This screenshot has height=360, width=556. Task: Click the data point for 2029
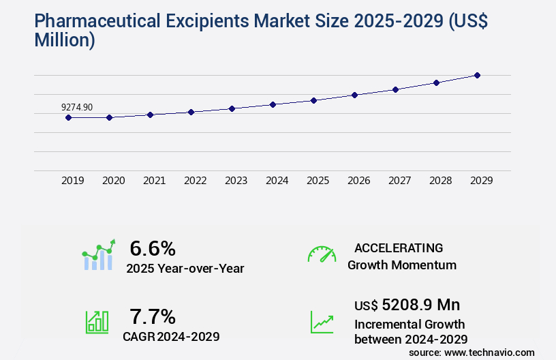tap(477, 75)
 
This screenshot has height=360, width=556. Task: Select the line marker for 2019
tap(68, 117)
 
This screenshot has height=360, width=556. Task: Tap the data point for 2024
tap(273, 104)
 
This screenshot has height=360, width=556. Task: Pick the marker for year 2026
tap(354, 95)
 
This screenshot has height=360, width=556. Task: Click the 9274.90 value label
tap(77, 107)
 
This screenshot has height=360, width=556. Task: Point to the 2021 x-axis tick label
tap(155, 181)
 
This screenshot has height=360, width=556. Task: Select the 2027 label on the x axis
tap(400, 181)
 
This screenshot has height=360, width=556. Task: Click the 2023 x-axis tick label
tap(236, 181)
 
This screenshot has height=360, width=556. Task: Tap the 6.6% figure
tap(153, 247)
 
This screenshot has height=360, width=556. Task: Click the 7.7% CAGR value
tap(153, 316)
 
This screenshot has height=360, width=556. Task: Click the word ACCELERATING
tap(399, 247)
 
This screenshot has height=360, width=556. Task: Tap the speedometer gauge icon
tap(322, 254)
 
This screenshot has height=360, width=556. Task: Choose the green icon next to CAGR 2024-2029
tap(97, 322)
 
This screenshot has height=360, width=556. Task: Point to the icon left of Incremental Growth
tap(322, 322)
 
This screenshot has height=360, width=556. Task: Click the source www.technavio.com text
tap(472, 352)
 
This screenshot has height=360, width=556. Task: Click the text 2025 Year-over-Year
tap(185, 268)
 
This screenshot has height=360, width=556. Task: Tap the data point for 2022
tap(191, 112)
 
